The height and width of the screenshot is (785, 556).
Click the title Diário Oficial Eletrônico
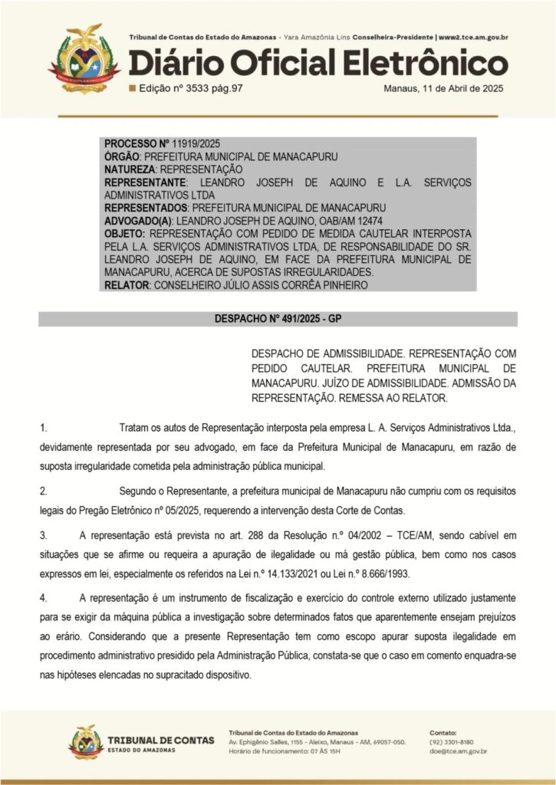(317, 62)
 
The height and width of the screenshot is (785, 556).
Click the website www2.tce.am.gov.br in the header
(474, 37)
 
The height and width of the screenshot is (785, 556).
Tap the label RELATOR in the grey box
(127, 285)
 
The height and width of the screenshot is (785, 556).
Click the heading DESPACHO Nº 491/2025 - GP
(278, 318)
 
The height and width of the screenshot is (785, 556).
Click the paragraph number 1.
(44, 426)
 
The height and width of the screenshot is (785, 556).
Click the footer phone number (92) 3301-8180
(452, 742)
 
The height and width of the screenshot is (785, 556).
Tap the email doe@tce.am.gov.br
(458, 752)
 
